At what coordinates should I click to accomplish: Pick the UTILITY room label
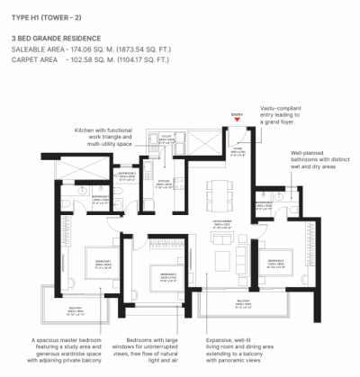[x=166, y=139]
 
